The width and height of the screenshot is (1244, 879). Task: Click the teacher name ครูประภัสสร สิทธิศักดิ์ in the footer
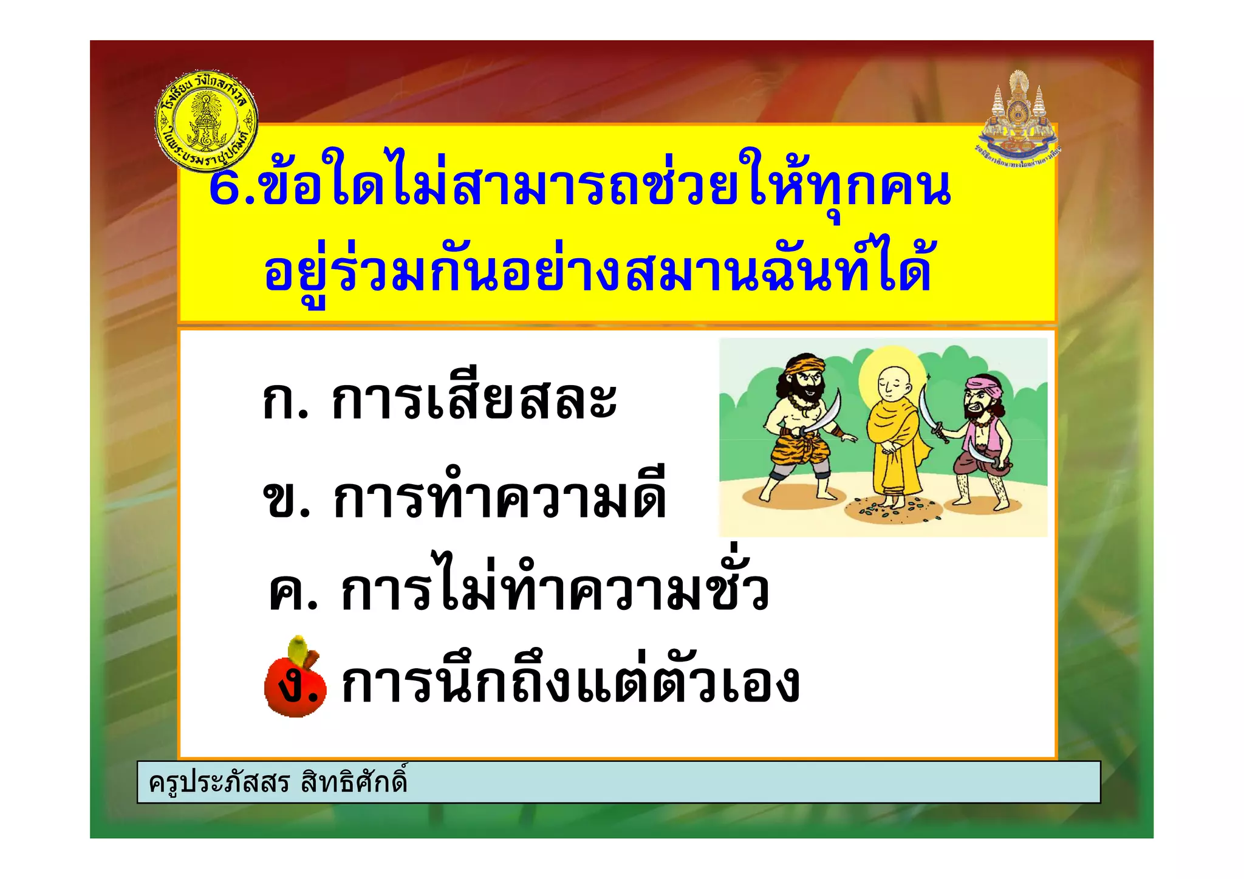click(278, 782)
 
